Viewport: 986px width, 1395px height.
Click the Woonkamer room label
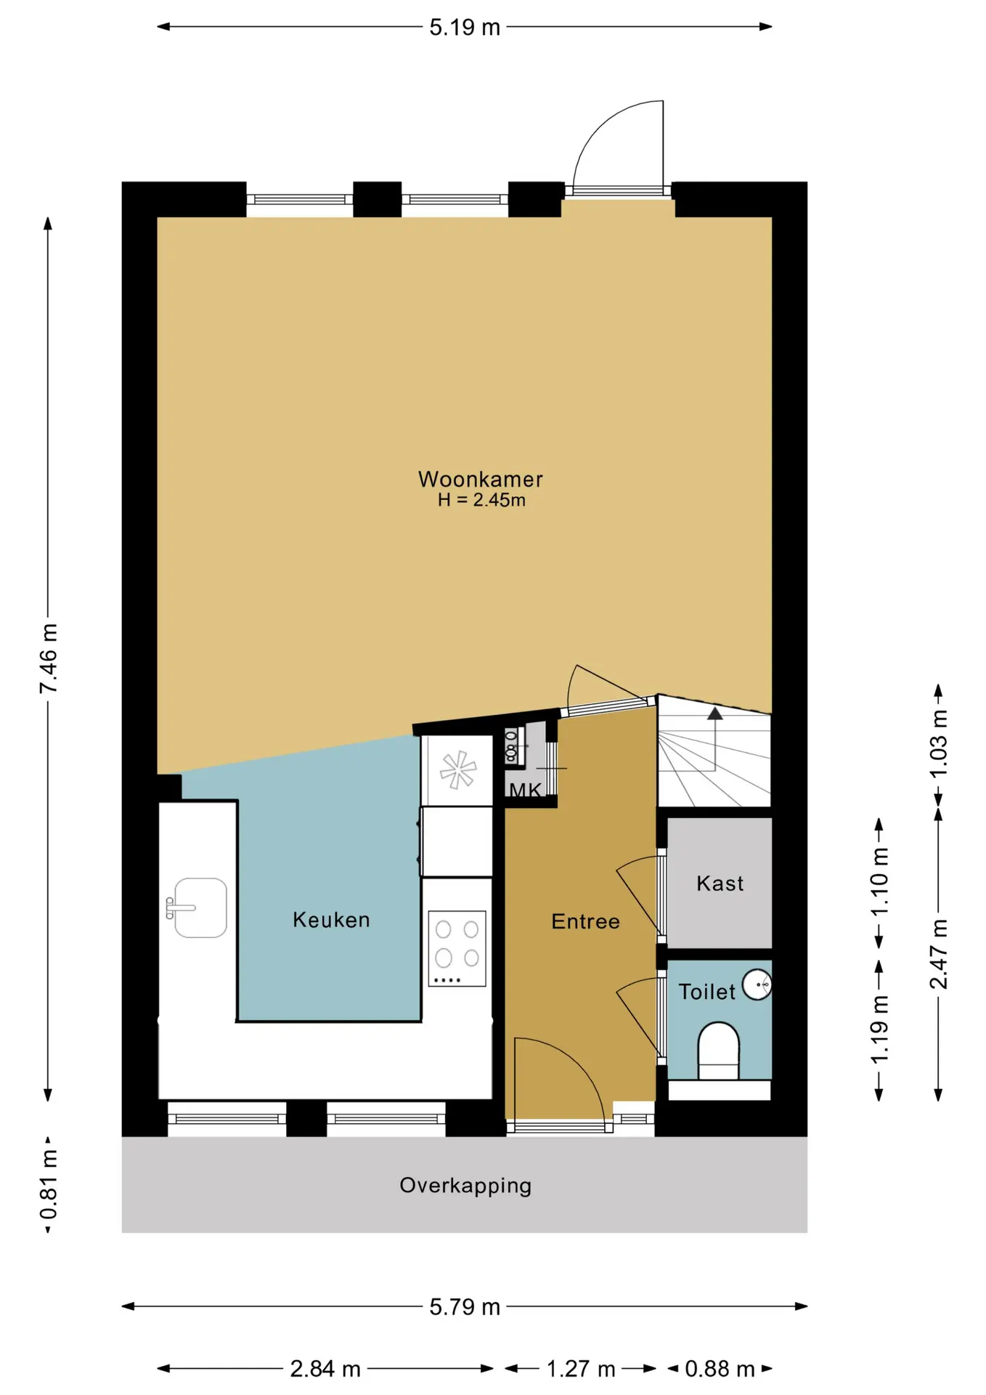[x=480, y=479]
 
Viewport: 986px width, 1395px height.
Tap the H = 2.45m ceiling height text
[x=481, y=500]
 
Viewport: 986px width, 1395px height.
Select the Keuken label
[x=331, y=920]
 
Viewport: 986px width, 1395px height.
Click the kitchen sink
[x=197, y=908]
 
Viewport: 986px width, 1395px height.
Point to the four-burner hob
[x=457, y=948]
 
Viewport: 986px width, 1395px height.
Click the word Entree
[x=585, y=921]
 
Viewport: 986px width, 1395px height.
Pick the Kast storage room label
[x=720, y=883]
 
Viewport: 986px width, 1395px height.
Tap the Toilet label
[x=706, y=992]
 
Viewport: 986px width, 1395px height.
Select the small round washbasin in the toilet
[x=757, y=985]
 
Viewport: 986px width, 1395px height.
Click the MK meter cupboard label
[x=525, y=790]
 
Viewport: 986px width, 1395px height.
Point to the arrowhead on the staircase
[x=715, y=713]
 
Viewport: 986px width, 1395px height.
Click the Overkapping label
[x=465, y=1186]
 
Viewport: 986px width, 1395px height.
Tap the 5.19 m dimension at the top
[x=465, y=28]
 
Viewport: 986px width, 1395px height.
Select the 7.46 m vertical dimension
[x=48, y=658]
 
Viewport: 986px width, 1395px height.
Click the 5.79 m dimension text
[x=465, y=1307]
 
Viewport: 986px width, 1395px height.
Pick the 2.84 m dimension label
[x=325, y=1369]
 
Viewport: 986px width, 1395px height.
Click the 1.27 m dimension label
[x=581, y=1369]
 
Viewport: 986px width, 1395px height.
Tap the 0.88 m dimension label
[x=720, y=1369]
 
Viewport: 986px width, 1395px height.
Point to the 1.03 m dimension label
[x=939, y=744]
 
